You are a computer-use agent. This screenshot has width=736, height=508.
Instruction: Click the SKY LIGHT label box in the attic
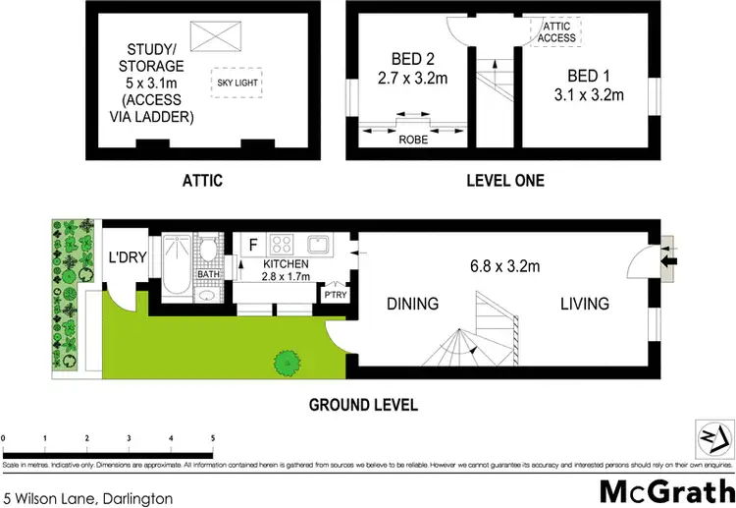pos(235,83)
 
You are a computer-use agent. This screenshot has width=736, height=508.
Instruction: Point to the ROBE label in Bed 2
pos(412,140)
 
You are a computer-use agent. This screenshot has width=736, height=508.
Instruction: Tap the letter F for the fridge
pos(253,244)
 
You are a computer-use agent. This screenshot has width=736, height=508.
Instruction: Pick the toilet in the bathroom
pos(209,253)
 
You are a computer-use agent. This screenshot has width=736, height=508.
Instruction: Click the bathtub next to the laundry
pos(178,266)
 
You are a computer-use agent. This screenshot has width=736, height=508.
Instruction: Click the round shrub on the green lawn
pos(286,362)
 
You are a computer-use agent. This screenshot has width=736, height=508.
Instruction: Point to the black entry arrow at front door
pos(670,261)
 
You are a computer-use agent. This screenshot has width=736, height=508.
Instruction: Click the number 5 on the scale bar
pos(213,438)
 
